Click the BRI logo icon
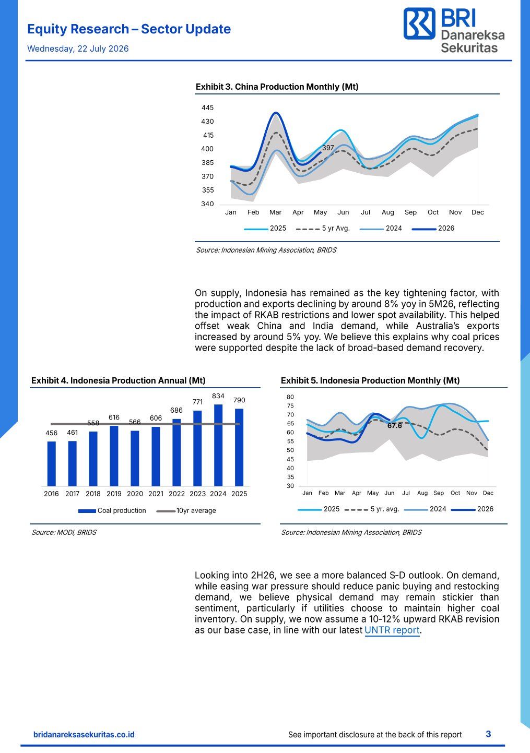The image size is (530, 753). pyautogui.click(x=419, y=23)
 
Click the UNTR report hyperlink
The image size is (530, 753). pyautogui.click(x=392, y=630)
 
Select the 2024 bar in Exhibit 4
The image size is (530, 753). pyautogui.click(x=218, y=445)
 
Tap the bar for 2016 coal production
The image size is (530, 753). pyautogui.click(x=52, y=463)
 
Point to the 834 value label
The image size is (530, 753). pyautogui.click(x=218, y=396)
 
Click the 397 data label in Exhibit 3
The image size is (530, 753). pyautogui.click(x=328, y=148)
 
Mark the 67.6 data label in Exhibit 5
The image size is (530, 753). pyautogui.click(x=394, y=426)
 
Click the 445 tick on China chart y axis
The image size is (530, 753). pyautogui.click(x=207, y=107)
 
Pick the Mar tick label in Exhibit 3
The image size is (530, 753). pyautogui.click(x=275, y=212)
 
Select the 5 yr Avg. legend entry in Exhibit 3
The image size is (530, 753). pyautogui.click(x=323, y=228)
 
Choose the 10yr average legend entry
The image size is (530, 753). pyautogui.click(x=186, y=511)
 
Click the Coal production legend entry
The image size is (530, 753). pyautogui.click(x=112, y=511)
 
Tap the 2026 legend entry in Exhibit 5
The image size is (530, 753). pyautogui.click(x=472, y=509)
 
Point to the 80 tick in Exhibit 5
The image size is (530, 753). pyautogui.click(x=290, y=397)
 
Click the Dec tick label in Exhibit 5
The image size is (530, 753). pyautogui.click(x=488, y=493)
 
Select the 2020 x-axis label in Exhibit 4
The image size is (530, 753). pyautogui.click(x=135, y=494)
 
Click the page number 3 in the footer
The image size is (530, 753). pyautogui.click(x=488, y=734)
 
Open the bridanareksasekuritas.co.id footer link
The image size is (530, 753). pyautogui.click(x=84, y=735)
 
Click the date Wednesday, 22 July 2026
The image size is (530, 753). pyautogui.click(x=78, y=49)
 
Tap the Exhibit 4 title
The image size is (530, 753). pyautogui.click(x=119, y=380)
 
